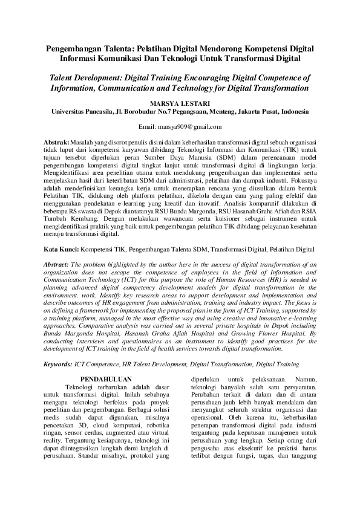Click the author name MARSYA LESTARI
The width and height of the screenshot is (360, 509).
tap(180, 103)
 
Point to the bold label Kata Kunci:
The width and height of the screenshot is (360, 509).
tap(64, 248)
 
